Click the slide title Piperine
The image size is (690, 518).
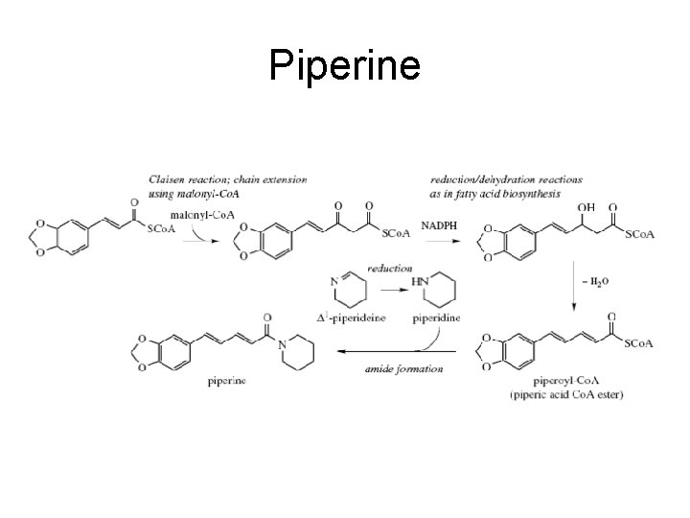pyautogui.click(x=344, y=65)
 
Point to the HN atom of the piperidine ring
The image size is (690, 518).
pyautogui.click(x=420, y=280)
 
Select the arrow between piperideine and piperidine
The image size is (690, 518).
pyautogui.click(x=388, y=286)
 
